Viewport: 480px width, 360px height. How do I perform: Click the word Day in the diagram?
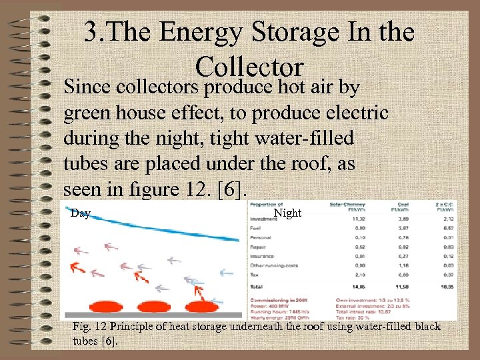[x=80, y=214]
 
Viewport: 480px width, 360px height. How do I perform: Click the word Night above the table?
[x=288, y=214]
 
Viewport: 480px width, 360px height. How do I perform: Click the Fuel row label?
[x=255, y=227]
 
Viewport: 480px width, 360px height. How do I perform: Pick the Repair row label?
[x=257, y=246]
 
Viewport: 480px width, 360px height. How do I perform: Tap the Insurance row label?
[x=261, y=255]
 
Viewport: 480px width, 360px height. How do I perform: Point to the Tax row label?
[x=254, y=274]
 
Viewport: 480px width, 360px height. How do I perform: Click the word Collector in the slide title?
[x=250, y=66]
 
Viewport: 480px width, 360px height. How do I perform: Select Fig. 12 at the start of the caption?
[x=89, y=327]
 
